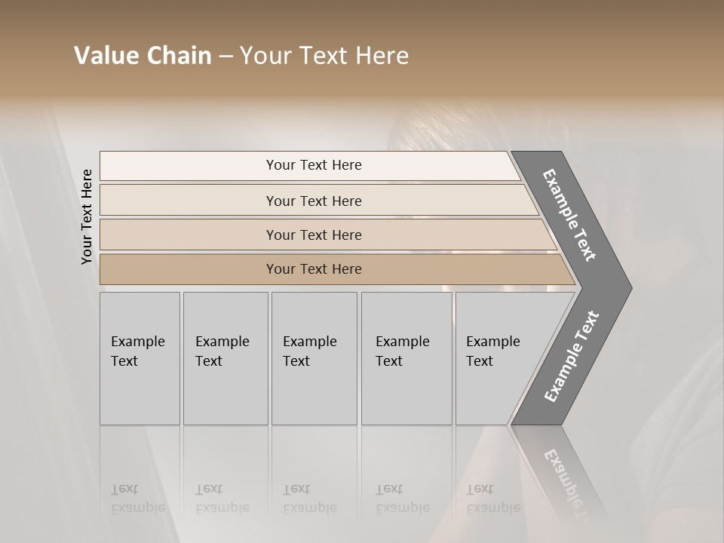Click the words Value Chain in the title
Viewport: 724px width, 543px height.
(x=143, y=56)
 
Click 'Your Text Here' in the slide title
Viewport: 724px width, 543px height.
(x=324, y=56)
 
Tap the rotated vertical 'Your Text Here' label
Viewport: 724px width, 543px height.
(x=87, y=216)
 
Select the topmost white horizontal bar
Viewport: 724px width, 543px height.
(x=189, y=166)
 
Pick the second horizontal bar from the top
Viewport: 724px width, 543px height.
(x=189, y=201)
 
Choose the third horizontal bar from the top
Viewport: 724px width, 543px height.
(x=189, y=235)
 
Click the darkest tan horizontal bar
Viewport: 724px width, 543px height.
(x=189, y=269)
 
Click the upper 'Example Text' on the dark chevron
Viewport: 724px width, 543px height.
(x=569, y=215)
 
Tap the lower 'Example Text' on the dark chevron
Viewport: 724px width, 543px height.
(x=571, y=356)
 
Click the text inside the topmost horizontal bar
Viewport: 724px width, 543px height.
(x=314, y=165)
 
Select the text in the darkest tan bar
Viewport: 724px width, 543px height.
(x=314, y=269)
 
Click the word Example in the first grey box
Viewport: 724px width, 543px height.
(x=137, y=342)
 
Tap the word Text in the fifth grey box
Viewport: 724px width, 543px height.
(x=480, y=361)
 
